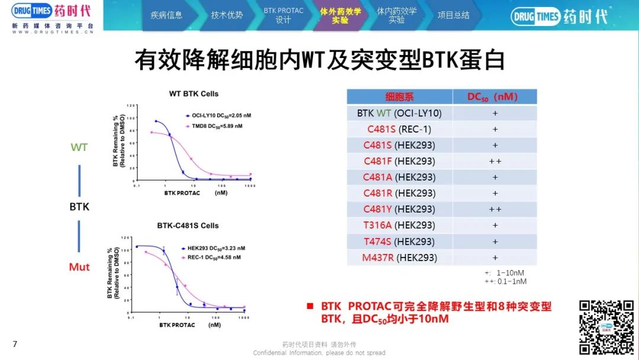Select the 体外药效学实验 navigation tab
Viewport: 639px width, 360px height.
pos(340,15)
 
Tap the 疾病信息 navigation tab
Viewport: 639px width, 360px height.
pos(166,15)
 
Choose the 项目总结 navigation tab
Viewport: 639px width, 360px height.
pos(453,15)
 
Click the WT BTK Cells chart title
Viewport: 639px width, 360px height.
pos(193,94)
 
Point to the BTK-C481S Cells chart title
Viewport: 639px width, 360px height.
pos(188,226)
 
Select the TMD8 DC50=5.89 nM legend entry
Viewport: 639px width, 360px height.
pos(213,126)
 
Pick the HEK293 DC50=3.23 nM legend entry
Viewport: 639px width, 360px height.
pos(213,248)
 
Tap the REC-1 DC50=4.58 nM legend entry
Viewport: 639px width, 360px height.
pos(212,258)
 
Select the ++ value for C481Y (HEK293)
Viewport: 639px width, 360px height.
pos(495,210)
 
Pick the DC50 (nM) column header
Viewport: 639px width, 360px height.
pos(495,97)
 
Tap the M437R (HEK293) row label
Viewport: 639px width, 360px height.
pos(399,258)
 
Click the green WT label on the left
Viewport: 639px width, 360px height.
pos(79,147)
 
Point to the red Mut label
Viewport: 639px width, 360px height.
pos(79,267)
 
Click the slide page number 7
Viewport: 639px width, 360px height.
pos(15,343)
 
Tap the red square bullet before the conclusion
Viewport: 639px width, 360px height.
pos(309,307)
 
